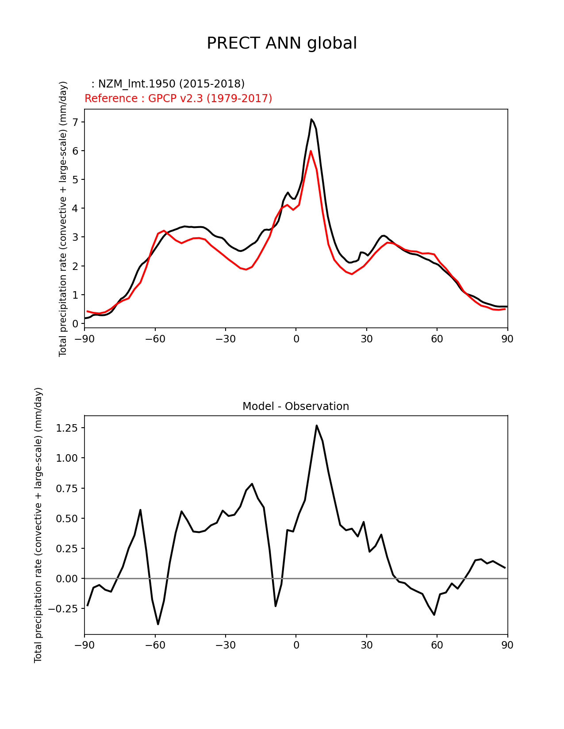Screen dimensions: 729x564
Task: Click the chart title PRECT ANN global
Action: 282,43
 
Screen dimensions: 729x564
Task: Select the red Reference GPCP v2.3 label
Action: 178,98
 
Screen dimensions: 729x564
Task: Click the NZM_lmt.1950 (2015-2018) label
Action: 168,84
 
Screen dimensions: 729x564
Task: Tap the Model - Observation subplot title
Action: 295,406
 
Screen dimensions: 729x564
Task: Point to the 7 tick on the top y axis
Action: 75,122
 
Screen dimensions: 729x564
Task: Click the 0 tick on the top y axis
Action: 75,323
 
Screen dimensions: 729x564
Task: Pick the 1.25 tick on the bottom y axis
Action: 67,428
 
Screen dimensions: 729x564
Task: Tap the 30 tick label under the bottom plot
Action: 366,645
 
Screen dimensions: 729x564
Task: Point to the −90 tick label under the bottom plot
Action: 84,645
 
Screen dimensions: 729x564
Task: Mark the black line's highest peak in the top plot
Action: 311,119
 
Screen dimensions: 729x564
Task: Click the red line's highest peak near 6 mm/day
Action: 311,151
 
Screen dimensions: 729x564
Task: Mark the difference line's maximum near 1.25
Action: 317,425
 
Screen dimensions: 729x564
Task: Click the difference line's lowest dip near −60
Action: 158,624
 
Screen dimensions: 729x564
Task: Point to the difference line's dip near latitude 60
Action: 434,615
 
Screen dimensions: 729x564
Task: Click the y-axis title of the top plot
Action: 63,219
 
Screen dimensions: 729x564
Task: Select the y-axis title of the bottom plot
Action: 38,525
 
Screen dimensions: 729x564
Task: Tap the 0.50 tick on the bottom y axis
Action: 67,518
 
